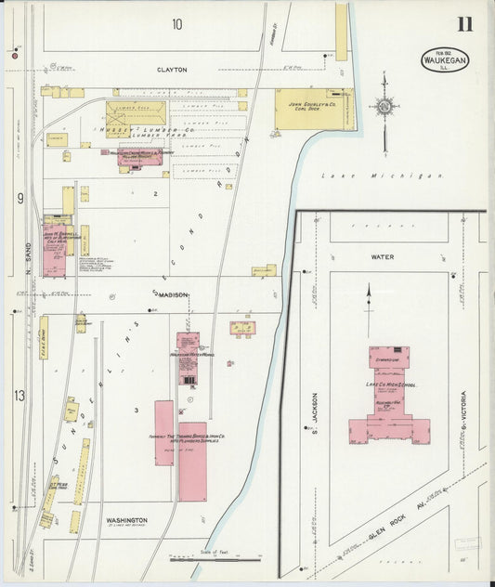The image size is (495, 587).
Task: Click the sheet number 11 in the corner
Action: coord(463,24)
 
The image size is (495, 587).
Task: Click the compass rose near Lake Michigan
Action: coord(383,107)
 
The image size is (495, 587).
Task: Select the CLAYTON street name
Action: coord(172,70)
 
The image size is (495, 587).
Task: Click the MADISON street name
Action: coord(172,294)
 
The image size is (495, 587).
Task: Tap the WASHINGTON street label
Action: coord(126,520)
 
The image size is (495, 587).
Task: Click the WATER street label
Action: coord(383,257)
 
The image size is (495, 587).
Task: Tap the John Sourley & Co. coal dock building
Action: coord(313,109)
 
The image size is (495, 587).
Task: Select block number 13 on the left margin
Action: coord(19,397)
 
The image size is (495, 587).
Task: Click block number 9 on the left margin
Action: coord(19,198)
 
